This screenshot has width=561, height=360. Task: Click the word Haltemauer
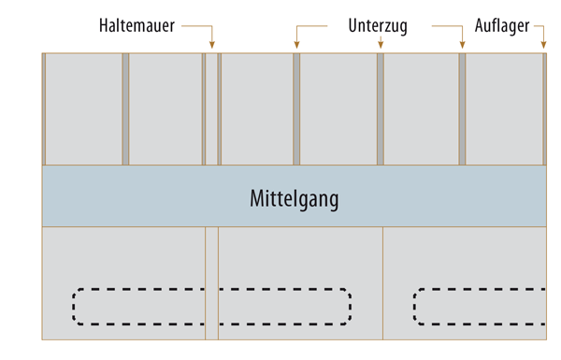tap(137, 26)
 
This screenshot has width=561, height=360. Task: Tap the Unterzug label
tap(378, 26)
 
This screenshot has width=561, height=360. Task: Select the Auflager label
tap(502, 26)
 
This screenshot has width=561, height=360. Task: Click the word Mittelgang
tap(294, 198)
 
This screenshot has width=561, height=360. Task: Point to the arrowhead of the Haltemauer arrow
tap(212, 44)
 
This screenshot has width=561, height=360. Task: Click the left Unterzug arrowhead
tap(296, 44)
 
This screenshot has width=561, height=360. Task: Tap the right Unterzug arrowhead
tap(462, 44)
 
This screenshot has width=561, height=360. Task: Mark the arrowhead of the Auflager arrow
tap(543, 44)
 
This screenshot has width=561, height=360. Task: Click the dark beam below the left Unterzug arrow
tap(296, 109)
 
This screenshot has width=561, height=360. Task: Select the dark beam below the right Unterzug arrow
tap(462, 109)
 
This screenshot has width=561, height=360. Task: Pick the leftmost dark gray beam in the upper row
tap(125, 109)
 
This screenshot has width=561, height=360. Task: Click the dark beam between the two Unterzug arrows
tap(381, 109)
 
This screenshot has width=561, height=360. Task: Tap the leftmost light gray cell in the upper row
tap(83, 109)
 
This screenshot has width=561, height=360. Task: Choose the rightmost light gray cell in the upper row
tap(504, 109)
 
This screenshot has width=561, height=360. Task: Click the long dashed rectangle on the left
tap(212, 307)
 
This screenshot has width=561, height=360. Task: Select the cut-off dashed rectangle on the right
tap(479, 307)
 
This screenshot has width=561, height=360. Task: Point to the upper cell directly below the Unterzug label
tap(338, 109)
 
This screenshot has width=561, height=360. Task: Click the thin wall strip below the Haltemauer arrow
tap(212, 109)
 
